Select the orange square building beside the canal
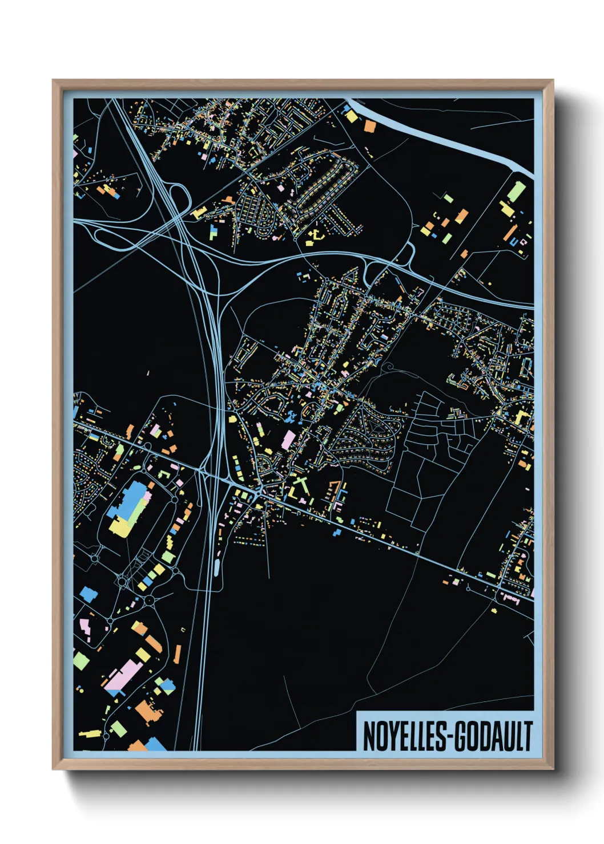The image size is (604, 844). [369, 126]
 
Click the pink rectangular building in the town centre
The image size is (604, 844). [289, 439]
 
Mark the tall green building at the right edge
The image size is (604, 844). [516, 190]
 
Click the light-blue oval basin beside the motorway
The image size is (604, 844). [216, 567]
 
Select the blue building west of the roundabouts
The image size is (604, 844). [88, 594]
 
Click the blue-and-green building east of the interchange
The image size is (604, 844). [214, 232]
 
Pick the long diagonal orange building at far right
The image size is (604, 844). [510, 233]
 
